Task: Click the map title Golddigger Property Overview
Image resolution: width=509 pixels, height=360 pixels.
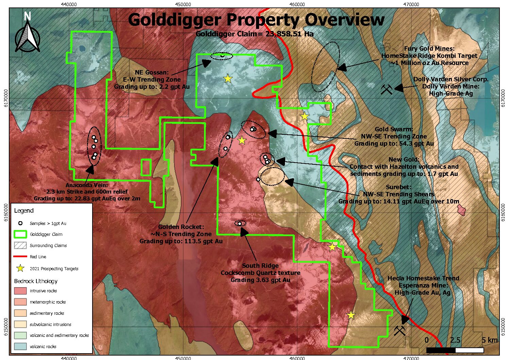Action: (x=256, y=20)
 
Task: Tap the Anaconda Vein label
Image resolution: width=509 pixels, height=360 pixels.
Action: (x=86, y=185)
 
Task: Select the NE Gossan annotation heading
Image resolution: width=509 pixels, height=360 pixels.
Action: (x=151, y=72)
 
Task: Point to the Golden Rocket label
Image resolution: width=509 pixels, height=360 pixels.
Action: (x=181, y=227)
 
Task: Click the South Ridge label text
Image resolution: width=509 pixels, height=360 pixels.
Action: (x=260, y=266)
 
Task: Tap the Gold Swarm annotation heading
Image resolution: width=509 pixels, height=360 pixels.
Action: (x=394, y=129)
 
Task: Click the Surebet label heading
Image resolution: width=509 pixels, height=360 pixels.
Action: (x=398, y=187)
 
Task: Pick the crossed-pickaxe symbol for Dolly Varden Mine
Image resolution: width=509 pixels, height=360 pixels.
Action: (x=386, y=89)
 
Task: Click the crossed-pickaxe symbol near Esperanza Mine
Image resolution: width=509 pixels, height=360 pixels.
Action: (x=400, y=330)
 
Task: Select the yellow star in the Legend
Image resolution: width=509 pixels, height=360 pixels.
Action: (x=20, y=268)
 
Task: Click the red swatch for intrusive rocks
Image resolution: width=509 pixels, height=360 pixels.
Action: (x=20, y=291)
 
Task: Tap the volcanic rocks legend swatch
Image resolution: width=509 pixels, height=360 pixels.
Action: (x=20, y=346)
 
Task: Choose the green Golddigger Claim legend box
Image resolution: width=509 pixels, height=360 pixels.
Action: (x=20, y=234)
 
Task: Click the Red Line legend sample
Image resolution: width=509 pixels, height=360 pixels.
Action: (x=20, y=257)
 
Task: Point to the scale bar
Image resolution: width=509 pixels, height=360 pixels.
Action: (x=455, y=350)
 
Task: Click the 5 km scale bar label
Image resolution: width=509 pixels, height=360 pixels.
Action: (x=490, y=340)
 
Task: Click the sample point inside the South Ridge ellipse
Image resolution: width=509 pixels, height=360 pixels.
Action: (x=240, y=224)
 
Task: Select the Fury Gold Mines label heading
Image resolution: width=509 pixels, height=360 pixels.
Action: (x=429, y=49)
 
